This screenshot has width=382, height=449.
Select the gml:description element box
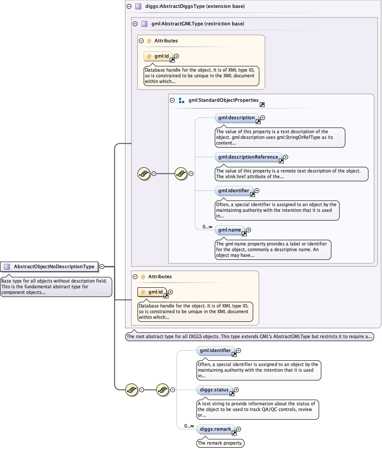237,117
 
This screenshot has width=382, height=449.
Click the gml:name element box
230,230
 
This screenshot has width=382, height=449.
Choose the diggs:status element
214,389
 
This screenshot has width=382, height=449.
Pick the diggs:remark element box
216,429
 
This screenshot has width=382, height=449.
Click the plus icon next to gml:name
249,230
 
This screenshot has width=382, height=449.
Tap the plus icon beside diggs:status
237,389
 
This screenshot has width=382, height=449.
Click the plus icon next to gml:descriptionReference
286,157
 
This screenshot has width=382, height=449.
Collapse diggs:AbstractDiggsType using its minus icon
129,7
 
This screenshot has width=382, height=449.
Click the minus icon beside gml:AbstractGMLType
135,24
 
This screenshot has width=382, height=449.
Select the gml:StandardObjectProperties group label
224,100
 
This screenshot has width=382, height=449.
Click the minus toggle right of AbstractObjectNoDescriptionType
102,266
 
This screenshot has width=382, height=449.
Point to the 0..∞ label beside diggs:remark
189,426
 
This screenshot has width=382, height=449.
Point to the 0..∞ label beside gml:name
207,227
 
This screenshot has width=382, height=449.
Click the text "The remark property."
220,443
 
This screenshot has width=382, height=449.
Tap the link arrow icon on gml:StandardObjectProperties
262,105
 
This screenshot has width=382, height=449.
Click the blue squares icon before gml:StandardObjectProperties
182,100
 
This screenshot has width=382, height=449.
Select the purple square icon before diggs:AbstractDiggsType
138,7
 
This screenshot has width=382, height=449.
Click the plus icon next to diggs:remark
239,429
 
